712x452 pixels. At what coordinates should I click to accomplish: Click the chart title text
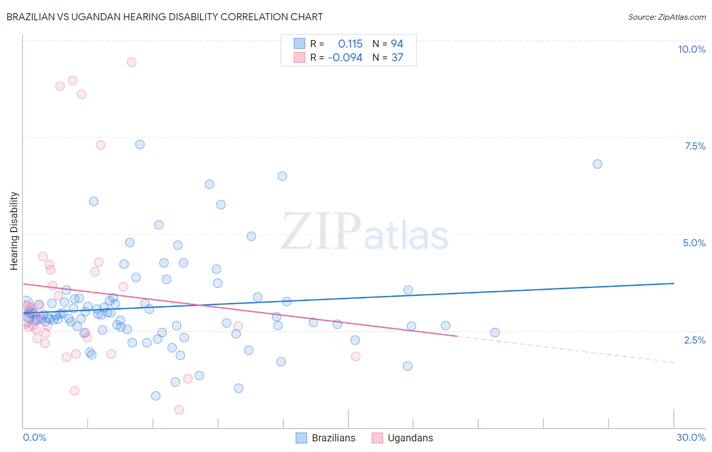pos(165,17)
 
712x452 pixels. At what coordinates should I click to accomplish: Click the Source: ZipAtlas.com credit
pos(666,17)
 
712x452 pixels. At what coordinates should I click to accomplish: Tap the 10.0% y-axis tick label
pos(691,49)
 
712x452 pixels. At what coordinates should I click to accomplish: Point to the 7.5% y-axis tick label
pos(695,146)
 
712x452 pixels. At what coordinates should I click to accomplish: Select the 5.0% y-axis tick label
pos(694,243)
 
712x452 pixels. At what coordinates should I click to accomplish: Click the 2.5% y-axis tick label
pos(694,340)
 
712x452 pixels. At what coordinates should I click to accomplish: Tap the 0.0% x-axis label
pos(34,437)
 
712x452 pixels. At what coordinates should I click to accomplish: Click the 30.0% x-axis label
pos(691,437)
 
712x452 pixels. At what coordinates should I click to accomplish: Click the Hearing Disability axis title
pos(14,231)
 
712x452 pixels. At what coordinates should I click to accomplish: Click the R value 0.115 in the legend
pos(350,44)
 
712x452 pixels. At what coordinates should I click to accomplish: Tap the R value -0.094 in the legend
pos(345,58)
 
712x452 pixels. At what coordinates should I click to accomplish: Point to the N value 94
pos(397,44)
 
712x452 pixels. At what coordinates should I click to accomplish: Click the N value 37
pos(397,58)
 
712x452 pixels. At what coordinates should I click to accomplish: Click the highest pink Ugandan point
pos(132,62)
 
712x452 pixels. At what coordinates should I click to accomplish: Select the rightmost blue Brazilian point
pos(598,164)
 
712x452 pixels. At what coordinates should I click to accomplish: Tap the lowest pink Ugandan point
pos(179,410)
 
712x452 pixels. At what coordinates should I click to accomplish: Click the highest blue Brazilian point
pos(140,144)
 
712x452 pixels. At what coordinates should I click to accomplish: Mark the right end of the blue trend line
pos(674,283)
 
